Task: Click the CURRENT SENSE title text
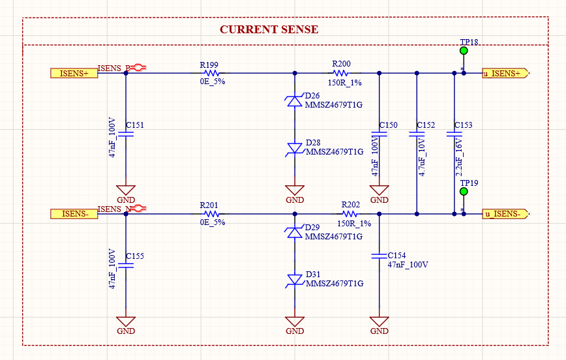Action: click(x=269, y=29)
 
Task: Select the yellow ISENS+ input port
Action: click(x=74, y=73)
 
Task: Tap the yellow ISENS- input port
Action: click(x=74, y=213)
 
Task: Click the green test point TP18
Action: click(x=464, y=51)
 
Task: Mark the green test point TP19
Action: click(x=464, y=192)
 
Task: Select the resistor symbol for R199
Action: click(x=210, y=73)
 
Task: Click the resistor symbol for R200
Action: click(x=342, y=73)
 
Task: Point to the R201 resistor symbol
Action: click(x=210, y=213)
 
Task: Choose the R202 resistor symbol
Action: click(x=350, y=213)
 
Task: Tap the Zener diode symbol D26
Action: click(x=295, y=100)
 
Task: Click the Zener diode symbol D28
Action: click(x=295, y=149)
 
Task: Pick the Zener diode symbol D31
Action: click(x=295, y=280)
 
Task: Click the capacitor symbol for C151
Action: click(x=126, y=133)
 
